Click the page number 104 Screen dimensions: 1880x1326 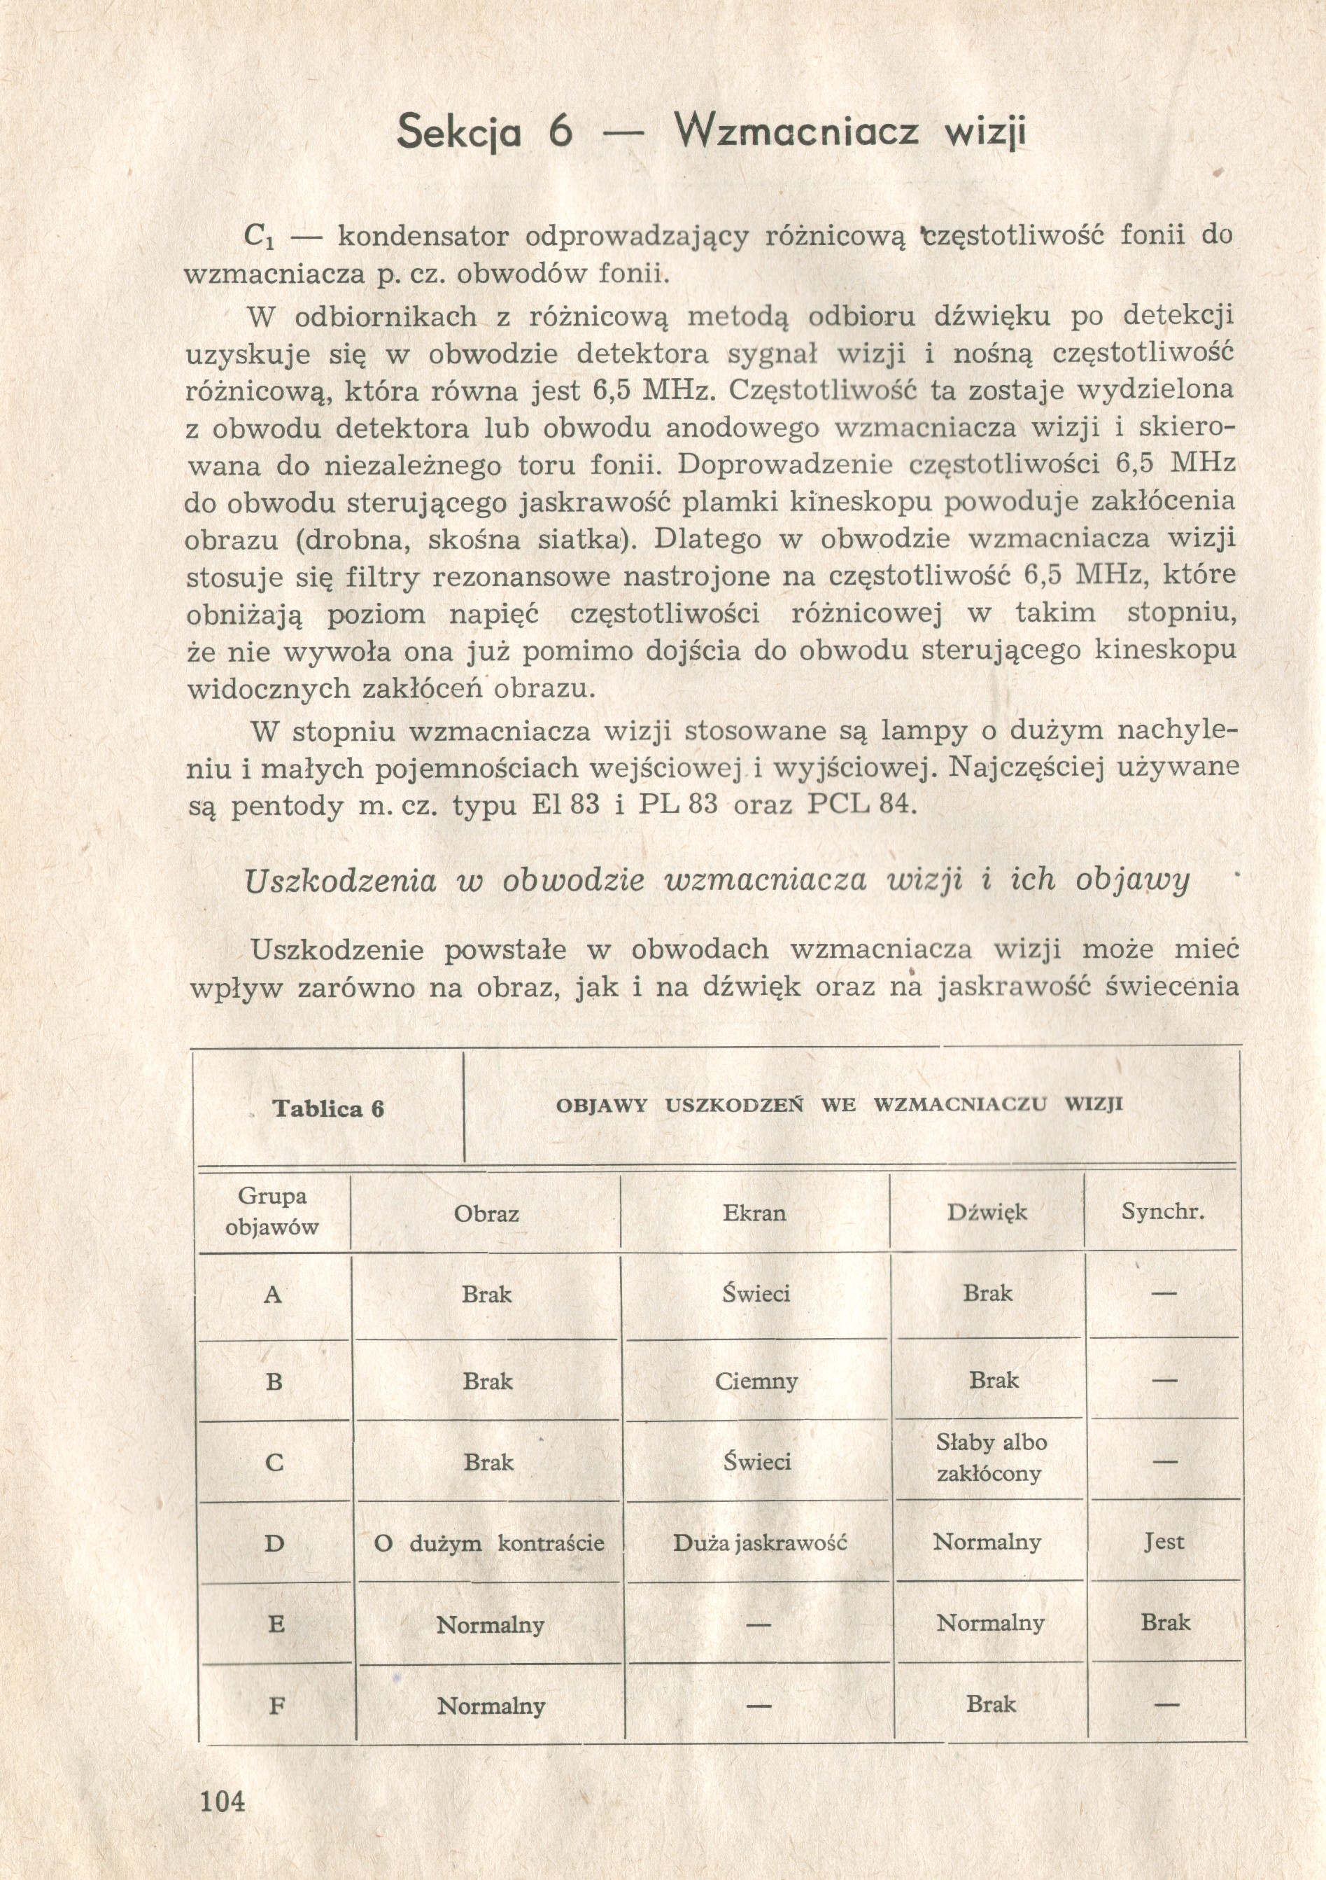click(x=222, y=1802)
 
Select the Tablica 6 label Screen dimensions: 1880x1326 click(x=328, y=1108)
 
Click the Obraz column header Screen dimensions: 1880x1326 click(x=486, y=1213)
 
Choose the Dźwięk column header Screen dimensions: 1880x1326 click(x=987, y=1212)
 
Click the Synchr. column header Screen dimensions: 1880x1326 click(x=1162, y=1212)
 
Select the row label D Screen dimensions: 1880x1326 click(x=274, y=1543)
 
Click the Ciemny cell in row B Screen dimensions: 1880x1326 click(x=756, y=1381)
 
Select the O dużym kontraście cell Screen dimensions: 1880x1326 click(x=488, y=1543)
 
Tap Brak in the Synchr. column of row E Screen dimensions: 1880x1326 click(x=1166, y=1622)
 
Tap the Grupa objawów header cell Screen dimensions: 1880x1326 click(x=273, y=1212)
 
